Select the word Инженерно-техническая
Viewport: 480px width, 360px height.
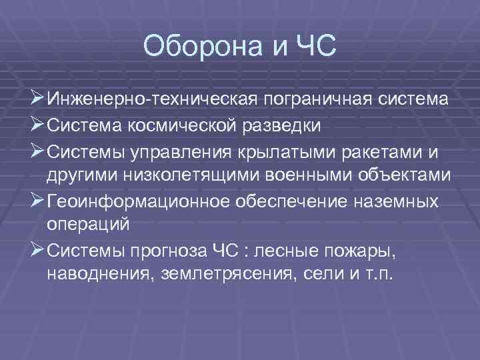click(x=152, y=100)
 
